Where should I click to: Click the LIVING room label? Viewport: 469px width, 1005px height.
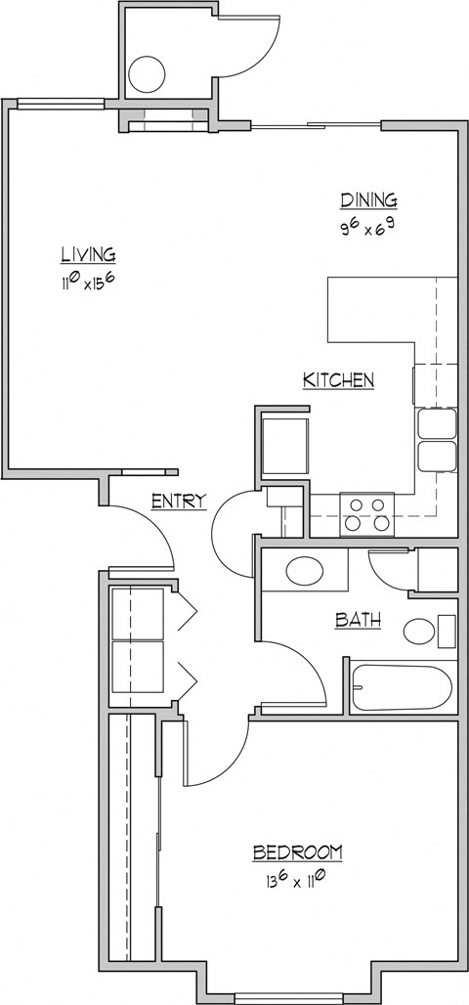tap(88, 254)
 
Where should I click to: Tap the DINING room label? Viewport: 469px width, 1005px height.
tap(369, 200)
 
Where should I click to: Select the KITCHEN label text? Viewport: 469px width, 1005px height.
tap(338, 380)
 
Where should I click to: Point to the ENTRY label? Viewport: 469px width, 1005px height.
tap(179, 502)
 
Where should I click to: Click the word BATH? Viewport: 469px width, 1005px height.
tap(358, 619)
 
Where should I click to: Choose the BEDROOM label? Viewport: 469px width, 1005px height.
tap(297, 852)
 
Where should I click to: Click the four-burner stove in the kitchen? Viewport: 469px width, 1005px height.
tap(366, 514)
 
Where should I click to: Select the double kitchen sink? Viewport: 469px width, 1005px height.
tap(436, 441)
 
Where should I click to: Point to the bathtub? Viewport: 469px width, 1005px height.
tap(402, 690)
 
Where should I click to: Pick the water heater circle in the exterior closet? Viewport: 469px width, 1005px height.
tap(148, 73)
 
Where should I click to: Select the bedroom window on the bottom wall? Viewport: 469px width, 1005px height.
tap(288, 997)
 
